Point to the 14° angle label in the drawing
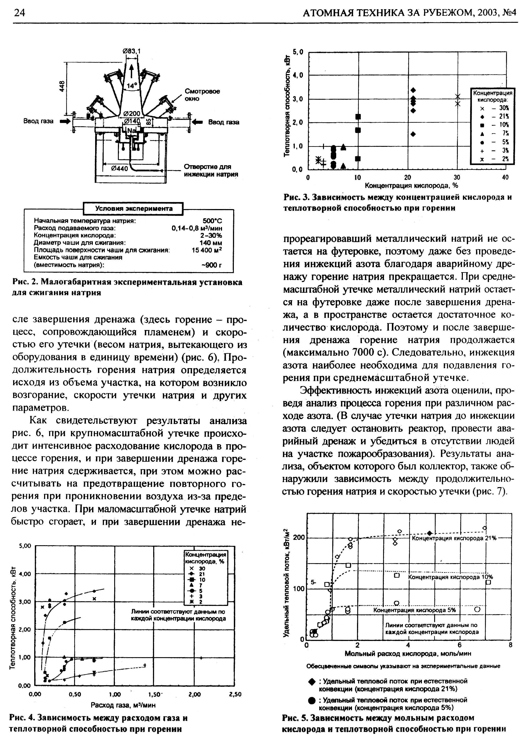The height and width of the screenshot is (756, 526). coord(131,86)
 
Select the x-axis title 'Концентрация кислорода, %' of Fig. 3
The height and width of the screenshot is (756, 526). coord(407,186)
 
